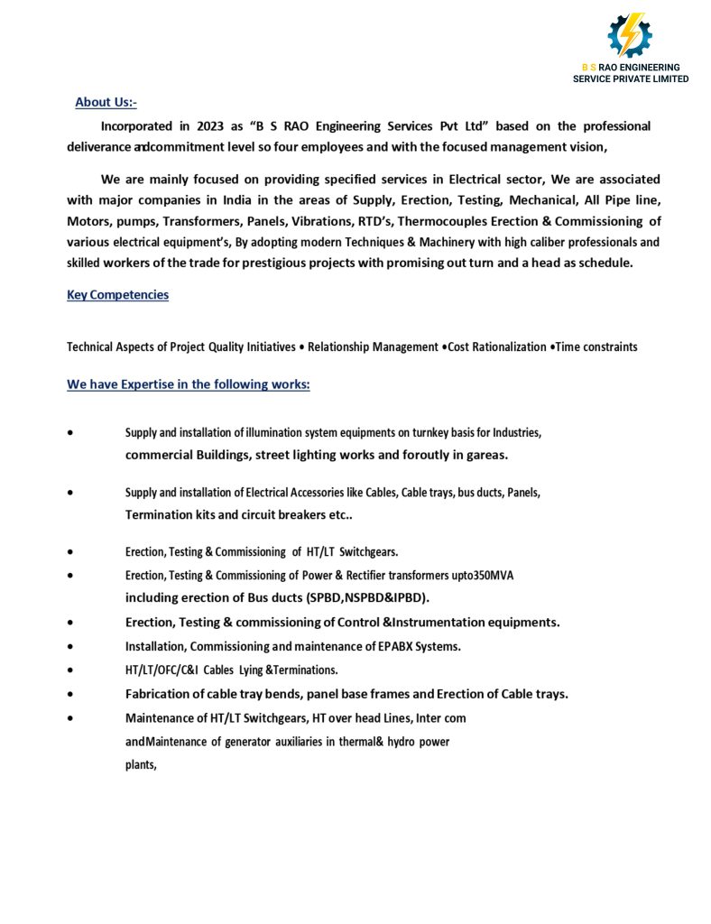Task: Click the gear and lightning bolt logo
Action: (x=630, y=35)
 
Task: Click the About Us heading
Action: (x=106, y=103)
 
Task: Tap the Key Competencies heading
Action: (x=117, y=295)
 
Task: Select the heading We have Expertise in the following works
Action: (x=189, y=384)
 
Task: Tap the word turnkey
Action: (x=436, y=433)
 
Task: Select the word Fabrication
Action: (x=159, y=694)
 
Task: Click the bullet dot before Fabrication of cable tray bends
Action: (x=70, y=695)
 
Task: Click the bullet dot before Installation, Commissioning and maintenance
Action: (x=70, y=647)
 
